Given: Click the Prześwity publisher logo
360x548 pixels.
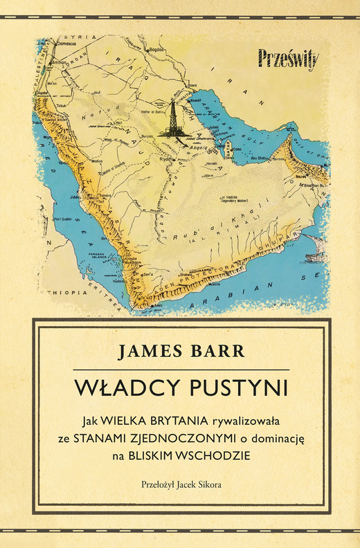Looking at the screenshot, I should (288, 58).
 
